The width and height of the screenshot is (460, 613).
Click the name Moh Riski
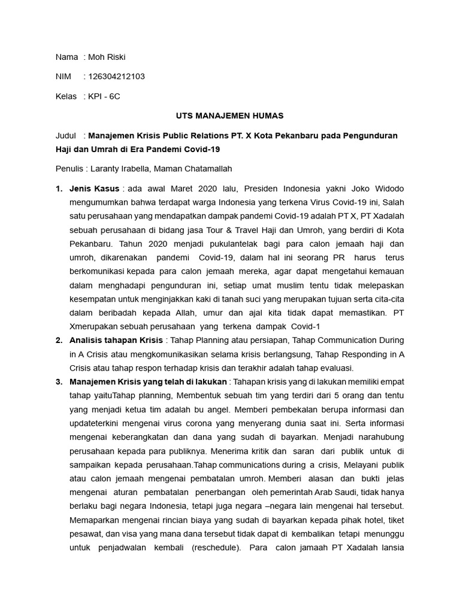tap(107, 57)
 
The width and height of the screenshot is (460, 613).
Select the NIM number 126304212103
tap(116, 77)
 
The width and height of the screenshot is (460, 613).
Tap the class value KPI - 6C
tap(104, 96)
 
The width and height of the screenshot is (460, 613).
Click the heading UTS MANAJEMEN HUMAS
tap(230, 116)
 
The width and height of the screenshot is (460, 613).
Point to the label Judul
tap(66, 135)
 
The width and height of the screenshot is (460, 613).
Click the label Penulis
tap(70, 169)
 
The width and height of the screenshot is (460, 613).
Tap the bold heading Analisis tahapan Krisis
tap(116, 340)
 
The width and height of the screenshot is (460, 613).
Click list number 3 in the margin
tap(59, 382)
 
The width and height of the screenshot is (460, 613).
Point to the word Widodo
tap(389, 189)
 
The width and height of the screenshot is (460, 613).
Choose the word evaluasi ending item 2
tap(337, 368)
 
